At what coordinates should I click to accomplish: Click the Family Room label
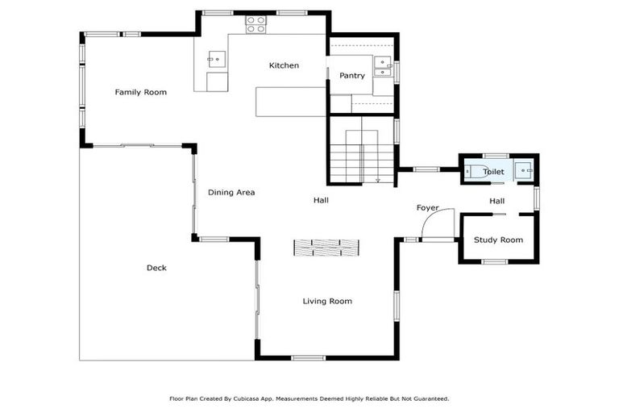pos(140,92)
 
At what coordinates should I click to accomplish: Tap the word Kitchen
pos(284,65)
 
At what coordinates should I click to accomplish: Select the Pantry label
pos(351,76)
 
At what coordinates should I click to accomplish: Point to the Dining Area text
pos(231,192)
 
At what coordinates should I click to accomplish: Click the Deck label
pos(156,268)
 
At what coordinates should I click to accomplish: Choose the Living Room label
pos(327,301)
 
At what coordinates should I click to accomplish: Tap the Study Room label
pos(498,240)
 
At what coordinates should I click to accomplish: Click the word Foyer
pos(427,208)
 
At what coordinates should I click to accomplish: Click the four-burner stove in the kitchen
pos(255,27)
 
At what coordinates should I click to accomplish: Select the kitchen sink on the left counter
pos(217,58)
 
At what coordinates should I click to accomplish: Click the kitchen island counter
pos(290,102)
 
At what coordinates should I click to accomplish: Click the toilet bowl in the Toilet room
pos(473,170)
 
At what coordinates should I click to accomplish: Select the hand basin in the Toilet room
pos(524,169)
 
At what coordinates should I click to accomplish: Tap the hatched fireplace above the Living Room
pos(326,247)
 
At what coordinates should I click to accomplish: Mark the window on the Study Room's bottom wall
pos(494,261)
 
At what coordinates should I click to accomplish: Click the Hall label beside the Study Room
pos(496,201)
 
